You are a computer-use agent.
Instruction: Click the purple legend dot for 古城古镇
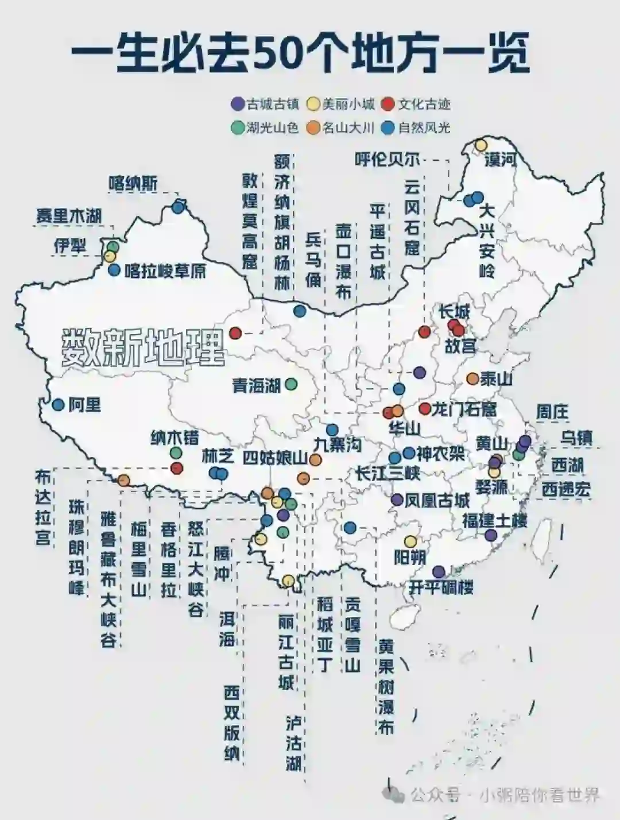237,104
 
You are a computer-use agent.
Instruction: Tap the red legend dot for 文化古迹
389,104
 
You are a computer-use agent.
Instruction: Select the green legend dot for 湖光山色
237,127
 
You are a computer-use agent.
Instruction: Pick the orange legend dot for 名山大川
313,127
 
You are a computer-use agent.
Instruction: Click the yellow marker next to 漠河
481,145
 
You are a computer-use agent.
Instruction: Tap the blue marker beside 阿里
58,404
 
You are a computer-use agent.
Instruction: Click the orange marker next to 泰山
472,378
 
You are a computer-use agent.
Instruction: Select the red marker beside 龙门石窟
425,408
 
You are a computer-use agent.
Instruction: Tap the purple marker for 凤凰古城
397,500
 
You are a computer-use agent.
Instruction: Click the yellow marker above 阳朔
410,541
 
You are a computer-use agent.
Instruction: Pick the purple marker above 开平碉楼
439,571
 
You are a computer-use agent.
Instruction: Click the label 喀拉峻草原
165,270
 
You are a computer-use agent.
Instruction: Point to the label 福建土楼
495,521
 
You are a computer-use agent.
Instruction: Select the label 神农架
440,454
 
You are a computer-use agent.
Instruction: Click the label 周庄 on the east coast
552,411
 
